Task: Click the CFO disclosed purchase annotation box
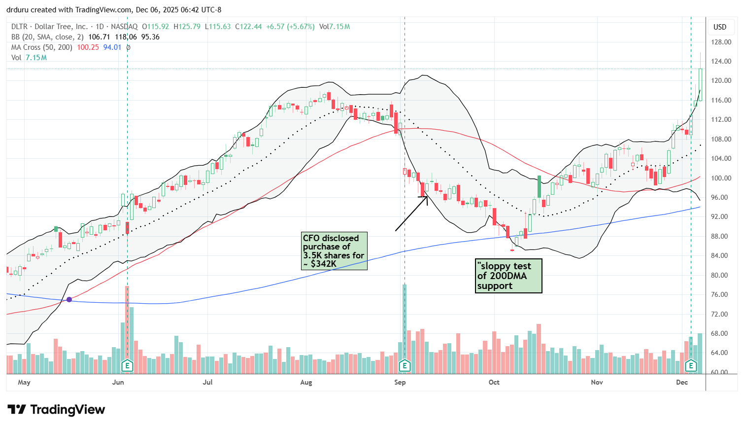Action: click(335, 251)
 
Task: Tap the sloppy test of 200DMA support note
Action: click(508, 276)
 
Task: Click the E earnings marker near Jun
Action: click(128, 365)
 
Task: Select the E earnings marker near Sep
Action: click(405, 365)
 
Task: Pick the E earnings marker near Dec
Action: click(691, 365)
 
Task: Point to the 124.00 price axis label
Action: click(721, 62)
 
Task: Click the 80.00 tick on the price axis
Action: click(721, 275)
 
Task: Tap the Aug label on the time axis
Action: click(306, 382)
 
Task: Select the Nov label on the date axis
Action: click(597, 382)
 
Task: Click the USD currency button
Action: click(720, 27)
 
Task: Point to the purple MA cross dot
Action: click(69, 299)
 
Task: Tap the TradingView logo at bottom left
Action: click(56, 410)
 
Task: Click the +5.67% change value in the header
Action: click(300, 27)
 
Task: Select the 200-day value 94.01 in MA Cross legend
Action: click(112, 47)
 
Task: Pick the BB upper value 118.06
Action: click(126, 37)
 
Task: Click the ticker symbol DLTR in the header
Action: click(20, 27)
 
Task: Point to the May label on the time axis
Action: click(24, 382)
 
